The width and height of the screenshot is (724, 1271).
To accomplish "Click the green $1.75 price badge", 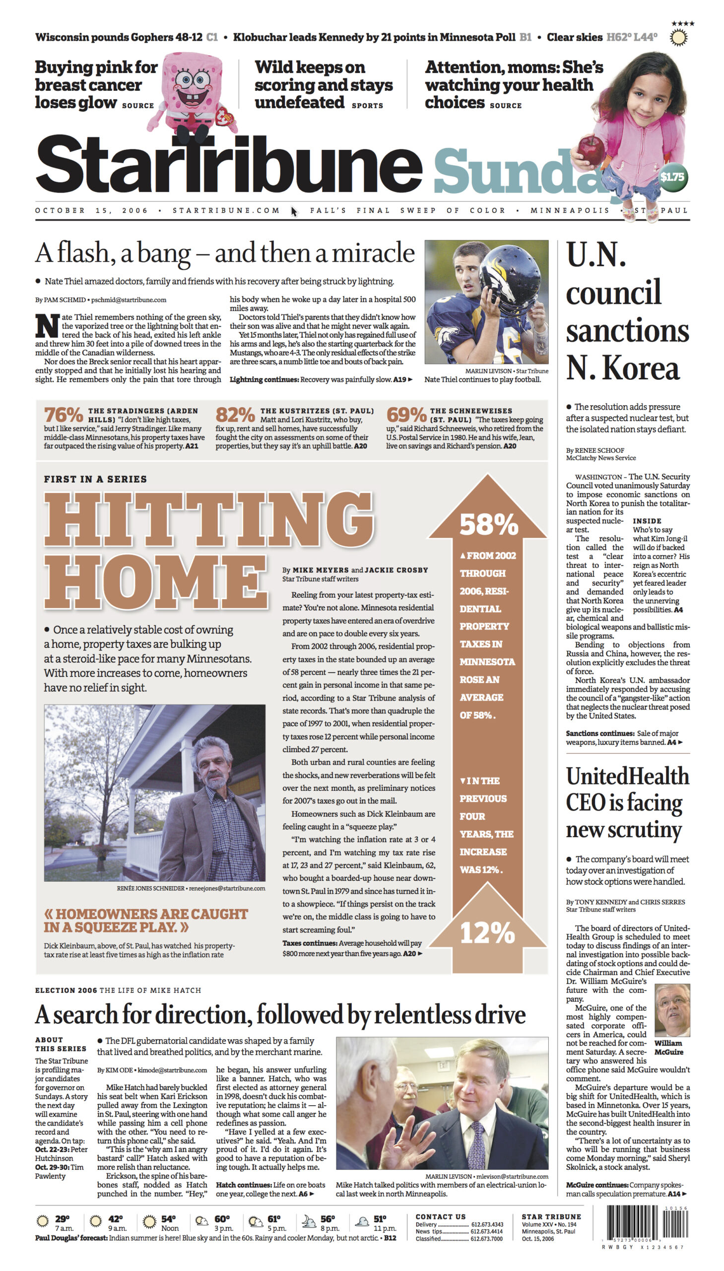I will click(672, 177).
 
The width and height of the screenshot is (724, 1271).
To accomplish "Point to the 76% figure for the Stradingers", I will click(63, 415).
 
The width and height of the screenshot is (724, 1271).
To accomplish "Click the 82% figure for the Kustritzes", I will click(235, 415).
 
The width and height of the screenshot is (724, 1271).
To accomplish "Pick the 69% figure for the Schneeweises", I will click(406, 415).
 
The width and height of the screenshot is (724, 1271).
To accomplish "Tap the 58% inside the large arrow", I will click(488, 524).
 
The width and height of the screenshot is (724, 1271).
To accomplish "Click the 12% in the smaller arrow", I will click(487, 933).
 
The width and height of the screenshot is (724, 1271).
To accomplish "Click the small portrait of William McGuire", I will click(672, 1010).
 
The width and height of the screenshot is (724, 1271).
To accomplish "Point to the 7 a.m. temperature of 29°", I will click(62, 1219).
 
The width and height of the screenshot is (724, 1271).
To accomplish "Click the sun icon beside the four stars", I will click(678, 37).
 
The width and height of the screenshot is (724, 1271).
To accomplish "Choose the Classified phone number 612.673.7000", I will click(487, 1239).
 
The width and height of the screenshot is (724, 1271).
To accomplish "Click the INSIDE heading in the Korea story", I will click(647, 521).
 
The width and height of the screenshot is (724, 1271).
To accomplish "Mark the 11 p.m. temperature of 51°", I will click(380, 1219).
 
